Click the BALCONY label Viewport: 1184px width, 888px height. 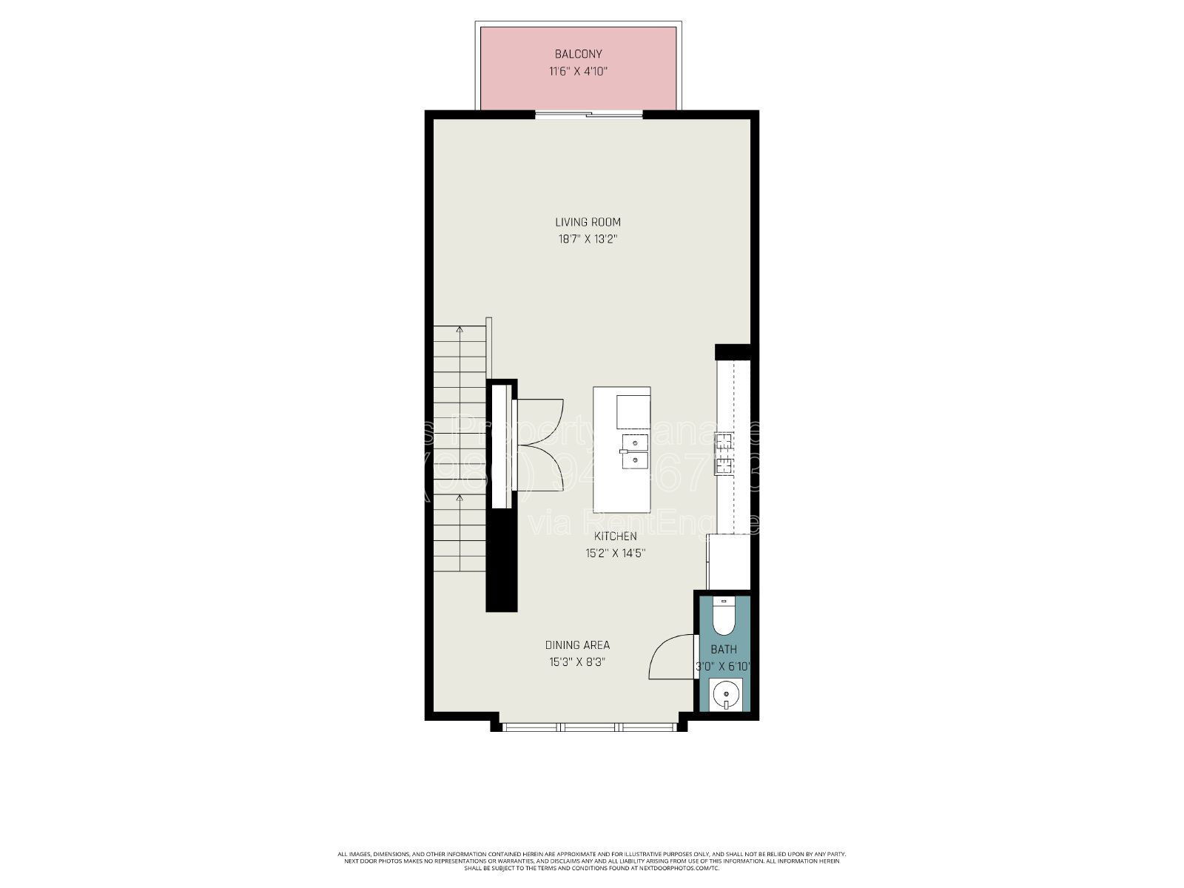(578, 54)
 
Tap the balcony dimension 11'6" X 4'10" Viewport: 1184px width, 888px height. (578, 72)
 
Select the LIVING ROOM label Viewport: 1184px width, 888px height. (588, 222)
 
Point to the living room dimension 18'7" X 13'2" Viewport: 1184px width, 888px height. (588, 239)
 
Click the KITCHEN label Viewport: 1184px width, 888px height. (615, 536)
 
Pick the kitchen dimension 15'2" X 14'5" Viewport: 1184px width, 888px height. (615, 553)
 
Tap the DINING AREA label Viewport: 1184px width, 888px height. (577, 645)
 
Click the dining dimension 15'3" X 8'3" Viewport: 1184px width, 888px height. (577, 662)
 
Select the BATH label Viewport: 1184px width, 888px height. (723, 650)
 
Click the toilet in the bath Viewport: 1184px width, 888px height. (723, 617)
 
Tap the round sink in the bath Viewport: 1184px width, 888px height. (725, 696)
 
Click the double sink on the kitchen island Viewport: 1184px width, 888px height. (634, 451)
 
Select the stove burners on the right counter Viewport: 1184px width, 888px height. (724, 454)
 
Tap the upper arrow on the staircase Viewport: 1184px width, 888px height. (460, 329)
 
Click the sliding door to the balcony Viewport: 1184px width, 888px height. (589, 115)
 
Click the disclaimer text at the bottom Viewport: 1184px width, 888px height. (592, 861)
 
